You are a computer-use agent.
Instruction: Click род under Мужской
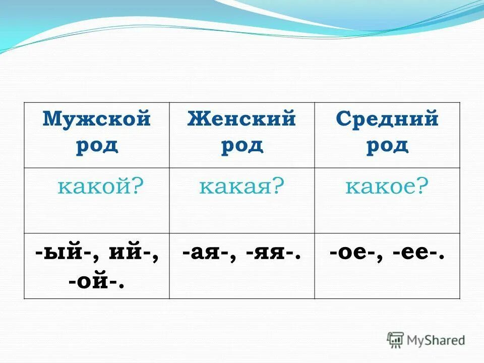97,145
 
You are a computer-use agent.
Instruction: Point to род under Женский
241,145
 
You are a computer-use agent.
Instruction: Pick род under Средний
387,145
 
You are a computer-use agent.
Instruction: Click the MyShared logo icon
395,340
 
